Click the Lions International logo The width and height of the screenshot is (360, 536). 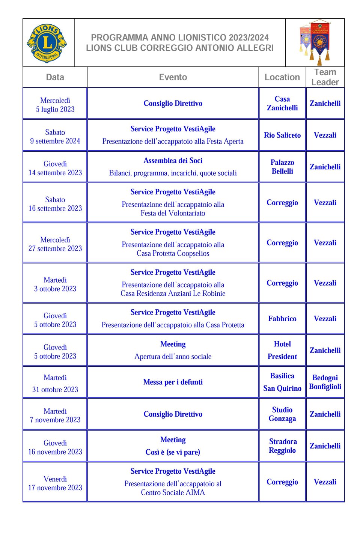click(x=47, y=43)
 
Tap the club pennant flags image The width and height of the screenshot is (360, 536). click(x=315, y=42)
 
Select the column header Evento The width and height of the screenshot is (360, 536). click(x=173, y=77)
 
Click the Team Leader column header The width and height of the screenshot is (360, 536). click(x=325, y=77)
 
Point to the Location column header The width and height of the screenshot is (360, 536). click(x=282, y=77)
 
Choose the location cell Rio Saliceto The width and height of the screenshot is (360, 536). click(x=282, y=135)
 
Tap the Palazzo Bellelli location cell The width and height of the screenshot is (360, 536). click(x=282, y=167)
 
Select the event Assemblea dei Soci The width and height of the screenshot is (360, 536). click(x=173, y=161)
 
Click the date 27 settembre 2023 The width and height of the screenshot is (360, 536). click(x=55, y=248)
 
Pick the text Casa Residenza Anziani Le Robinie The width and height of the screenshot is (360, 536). click(x=173, y=294)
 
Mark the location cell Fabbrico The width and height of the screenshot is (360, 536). click(x=282, y=319)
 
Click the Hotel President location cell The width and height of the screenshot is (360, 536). click(x=282, y=350)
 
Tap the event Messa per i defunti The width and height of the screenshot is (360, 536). click(x=173, y=382)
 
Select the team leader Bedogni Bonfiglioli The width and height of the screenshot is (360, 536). click(x=325, y=382)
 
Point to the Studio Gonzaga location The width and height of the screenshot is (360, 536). click(x=282, y=414)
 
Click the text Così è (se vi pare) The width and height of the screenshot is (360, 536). click(x=173, y=452)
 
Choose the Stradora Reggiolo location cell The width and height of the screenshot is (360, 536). click(x=282, y=446)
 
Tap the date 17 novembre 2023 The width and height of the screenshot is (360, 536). click(x=55, y=488)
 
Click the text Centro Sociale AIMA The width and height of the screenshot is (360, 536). click(x=173, y=492)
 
